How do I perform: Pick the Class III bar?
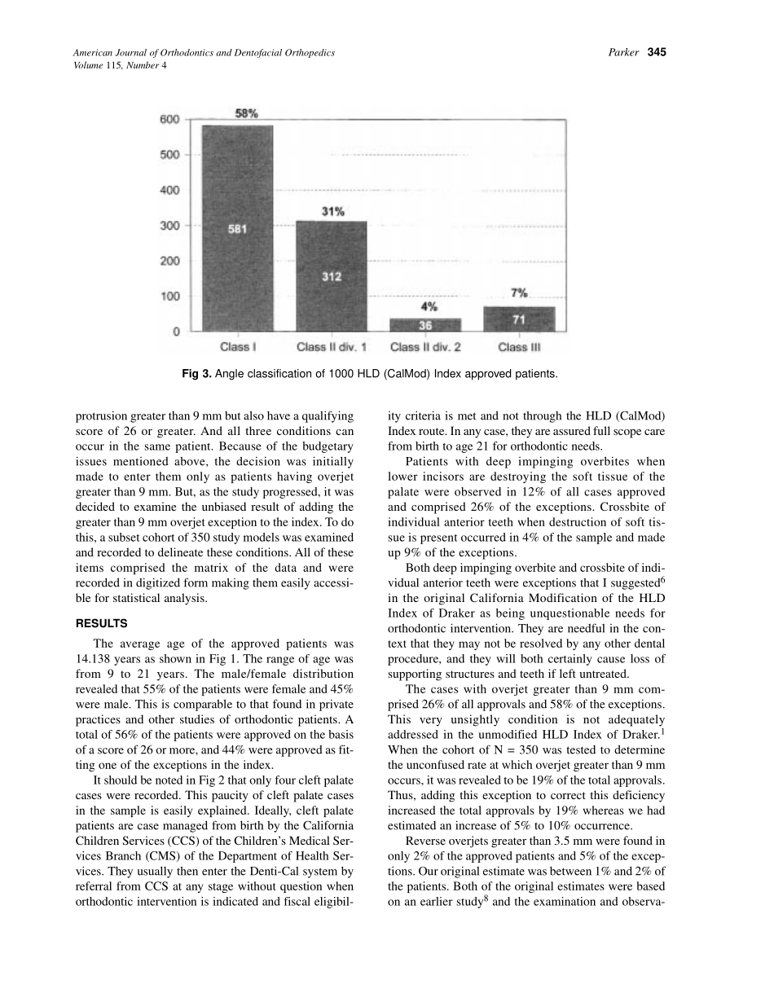[519, 319]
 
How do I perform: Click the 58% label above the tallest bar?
[247, 114]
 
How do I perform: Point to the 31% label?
[332, 211]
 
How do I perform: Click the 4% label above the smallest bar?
[429, 307]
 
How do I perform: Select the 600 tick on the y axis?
[169, 120]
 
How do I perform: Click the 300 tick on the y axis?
[169, 226]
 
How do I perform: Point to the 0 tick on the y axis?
[176, 332]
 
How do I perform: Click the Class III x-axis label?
[519, 348]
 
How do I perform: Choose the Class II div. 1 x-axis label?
[332, 348]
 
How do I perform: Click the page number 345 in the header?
[657, 53]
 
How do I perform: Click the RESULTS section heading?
[101, 624]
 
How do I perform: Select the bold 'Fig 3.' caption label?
[196, 374]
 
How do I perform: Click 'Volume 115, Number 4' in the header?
[121, 65]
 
